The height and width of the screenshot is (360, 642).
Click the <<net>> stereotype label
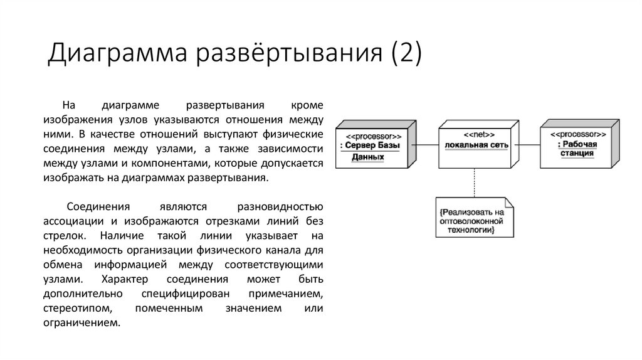[x=479, y=134]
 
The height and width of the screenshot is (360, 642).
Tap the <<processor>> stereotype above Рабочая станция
[x=577, y=135]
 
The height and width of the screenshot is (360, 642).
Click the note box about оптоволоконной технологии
[x=475, y=218]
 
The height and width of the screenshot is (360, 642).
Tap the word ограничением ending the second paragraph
[x=81, y=324]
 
